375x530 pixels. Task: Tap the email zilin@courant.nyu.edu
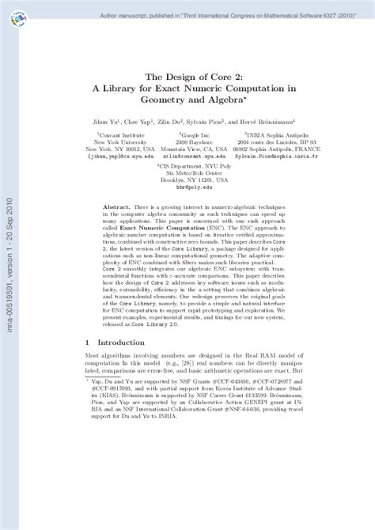tap(183, 157)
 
